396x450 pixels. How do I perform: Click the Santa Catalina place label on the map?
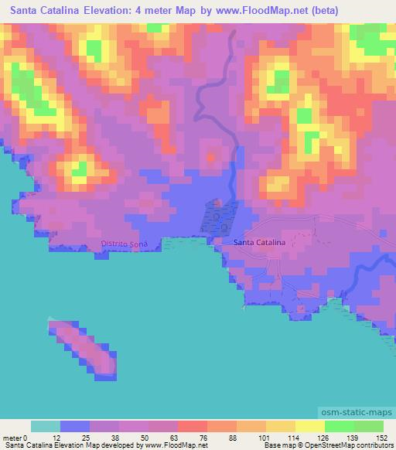259,243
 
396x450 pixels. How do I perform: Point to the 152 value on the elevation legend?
381,437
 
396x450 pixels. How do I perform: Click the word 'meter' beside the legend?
12,437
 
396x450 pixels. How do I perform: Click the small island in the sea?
85,347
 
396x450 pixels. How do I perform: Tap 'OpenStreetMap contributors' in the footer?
355,445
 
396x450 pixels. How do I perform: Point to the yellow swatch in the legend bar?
309,426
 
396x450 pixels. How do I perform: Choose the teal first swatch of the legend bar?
46,426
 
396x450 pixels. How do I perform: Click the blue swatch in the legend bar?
75,426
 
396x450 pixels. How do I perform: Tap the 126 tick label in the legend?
323,437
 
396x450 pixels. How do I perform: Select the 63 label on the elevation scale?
150,437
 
